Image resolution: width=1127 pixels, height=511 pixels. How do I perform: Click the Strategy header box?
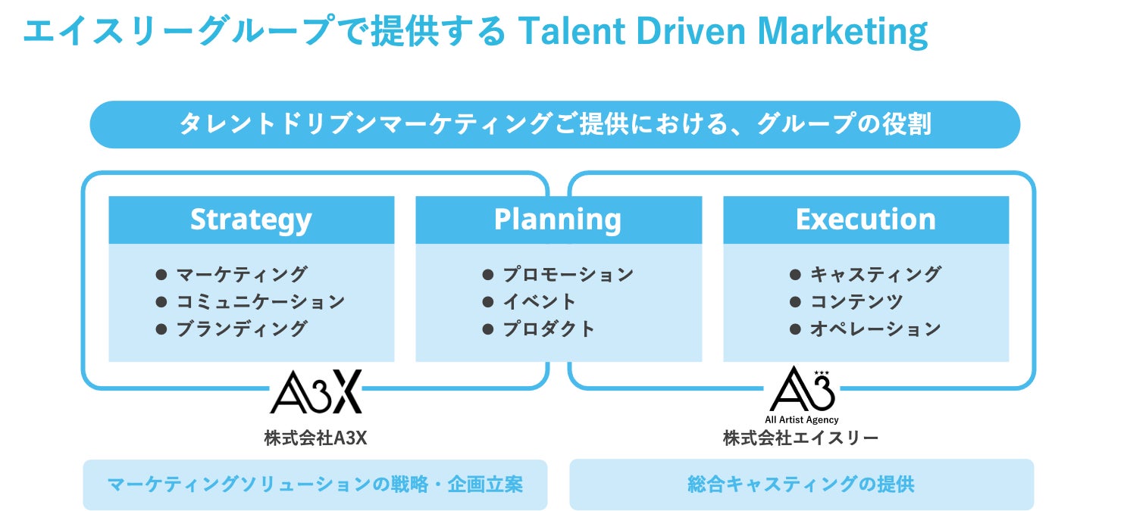click(251, 220)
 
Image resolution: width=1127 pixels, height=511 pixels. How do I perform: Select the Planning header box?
click(558, 220)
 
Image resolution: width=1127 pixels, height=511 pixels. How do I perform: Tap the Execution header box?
click(866, 220)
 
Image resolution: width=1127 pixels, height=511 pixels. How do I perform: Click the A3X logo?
click(316, 391)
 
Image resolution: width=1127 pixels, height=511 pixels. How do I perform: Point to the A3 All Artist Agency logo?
click(802, 394)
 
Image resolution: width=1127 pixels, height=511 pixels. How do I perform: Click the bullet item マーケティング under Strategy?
click(241, 274)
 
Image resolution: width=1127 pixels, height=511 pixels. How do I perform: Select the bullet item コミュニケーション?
click(260, 301)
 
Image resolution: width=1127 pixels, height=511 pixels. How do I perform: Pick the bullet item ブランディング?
click(241, 329)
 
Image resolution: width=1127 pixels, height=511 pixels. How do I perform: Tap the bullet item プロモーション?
click(568, 274)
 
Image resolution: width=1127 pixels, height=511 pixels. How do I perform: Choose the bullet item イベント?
click(540, 301)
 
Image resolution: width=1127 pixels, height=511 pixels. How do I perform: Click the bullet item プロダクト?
click(549, 329)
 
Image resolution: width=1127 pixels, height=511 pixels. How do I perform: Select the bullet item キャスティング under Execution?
click(875, 274)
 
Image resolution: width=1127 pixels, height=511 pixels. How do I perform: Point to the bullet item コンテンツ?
click(856, 301)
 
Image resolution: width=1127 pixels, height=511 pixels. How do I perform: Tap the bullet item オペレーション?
click(875, 329)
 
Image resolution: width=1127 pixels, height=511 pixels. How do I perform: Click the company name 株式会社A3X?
click(315, 438)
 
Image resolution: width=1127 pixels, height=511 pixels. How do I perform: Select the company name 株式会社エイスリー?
click(801, 438)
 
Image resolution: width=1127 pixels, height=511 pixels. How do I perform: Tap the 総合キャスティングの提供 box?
click(801, 484)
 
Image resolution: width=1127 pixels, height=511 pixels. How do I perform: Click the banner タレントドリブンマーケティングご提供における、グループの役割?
click(555, 124)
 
